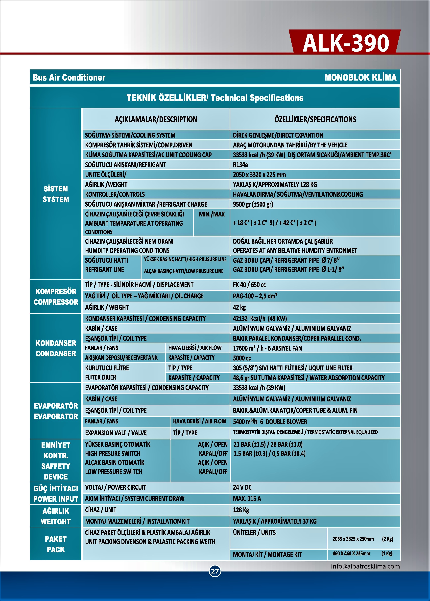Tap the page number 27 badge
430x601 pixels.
click(215, 571)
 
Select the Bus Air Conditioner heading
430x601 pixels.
click(69, 77)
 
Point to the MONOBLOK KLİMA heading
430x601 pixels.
click(360, 77)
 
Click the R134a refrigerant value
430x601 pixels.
click(240, 165)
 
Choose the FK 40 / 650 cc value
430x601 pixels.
click(249, 285)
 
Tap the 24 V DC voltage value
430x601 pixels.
click(242, 487)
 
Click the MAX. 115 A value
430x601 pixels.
click(247, 498)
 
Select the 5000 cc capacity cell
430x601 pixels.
click(242, 358)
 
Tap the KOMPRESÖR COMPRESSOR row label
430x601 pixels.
click(56, 297)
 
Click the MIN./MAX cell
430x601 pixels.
click(212, 214)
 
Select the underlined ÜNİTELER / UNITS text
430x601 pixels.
click(254, 533)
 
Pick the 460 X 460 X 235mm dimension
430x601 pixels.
click(351, 554)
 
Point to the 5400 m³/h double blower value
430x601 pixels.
click(270, 422)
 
